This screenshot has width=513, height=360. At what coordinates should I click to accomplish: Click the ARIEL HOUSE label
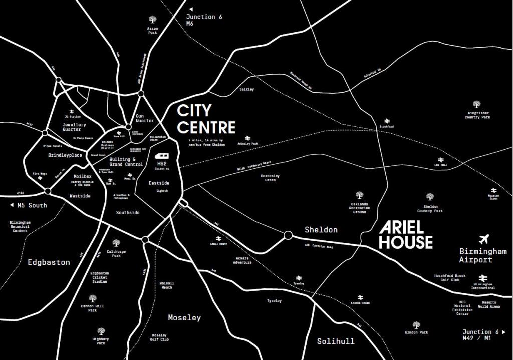click(405, 235)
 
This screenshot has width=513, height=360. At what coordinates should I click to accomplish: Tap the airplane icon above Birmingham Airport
click(485, 239)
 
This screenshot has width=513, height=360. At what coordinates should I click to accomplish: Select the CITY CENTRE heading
click(206, 119)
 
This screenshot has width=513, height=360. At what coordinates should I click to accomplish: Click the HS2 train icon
click(162, 156)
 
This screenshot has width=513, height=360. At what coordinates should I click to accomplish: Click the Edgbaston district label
click(49, 262)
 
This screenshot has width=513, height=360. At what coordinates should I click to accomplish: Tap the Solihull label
click(336, 341)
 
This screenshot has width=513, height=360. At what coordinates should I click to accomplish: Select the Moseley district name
click(184, 318)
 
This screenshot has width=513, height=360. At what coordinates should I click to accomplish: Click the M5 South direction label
click(29, 205)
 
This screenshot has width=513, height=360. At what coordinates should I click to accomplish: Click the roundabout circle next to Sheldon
click(288, 235)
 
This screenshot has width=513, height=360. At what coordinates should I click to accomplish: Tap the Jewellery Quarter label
click(75, 127)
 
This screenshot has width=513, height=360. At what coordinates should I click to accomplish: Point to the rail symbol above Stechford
click(387, 121)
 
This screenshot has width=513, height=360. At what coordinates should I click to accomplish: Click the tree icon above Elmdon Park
click(416, 325)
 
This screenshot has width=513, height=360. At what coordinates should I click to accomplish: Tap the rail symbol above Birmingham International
click(483, 278)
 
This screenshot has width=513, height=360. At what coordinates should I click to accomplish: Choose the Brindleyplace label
click(65, 155)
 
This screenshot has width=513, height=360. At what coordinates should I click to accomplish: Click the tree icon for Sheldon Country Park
click(430, 197)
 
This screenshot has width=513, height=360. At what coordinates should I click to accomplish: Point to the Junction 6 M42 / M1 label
click(484, 335)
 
